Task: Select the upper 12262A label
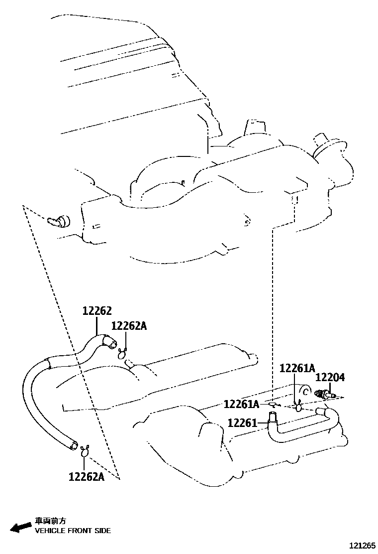coord(129,326)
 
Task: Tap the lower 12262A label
coord(87,476)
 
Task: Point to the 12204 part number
coord(330,378)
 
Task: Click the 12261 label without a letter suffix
coord(242,423)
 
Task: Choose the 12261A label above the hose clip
coord(297,368)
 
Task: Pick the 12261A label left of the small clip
coord(242,404)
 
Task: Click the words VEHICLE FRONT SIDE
coord(73,531)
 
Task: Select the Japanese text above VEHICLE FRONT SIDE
coord(50,521)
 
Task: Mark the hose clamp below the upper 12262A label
coord(122,355)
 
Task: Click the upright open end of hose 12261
coord(273,415)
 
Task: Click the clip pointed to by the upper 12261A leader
coord(297,407)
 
